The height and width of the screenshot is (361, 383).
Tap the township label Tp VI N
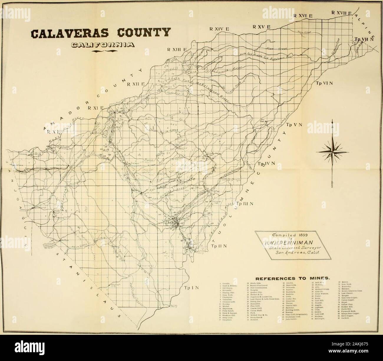tap(325, 83)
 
